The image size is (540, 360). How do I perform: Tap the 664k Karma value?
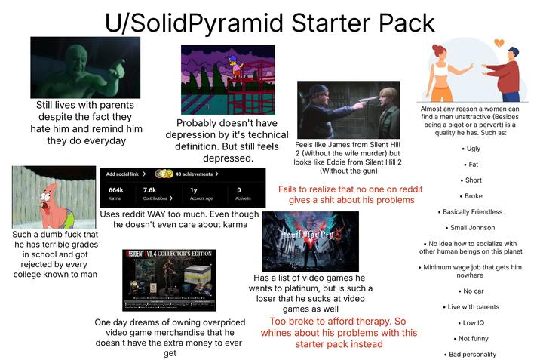pyautogui.click(x=116, y=190)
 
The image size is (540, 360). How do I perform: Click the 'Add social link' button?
pyautogui.click(x=125, y=174)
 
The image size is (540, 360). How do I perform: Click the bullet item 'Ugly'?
pyautogui.click(x=474, y=149)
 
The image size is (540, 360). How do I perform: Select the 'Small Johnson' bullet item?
pyautogui.click(x=474, y=227)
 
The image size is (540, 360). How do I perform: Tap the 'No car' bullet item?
pyautogui.click(x=474, y=291)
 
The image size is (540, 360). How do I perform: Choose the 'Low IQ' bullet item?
pyautogui.click(x=474, y=322)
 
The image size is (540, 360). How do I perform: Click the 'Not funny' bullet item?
pyautogui.click(x=474, y=338)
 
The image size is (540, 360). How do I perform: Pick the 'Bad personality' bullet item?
pyautogui.click(x=474, y=354)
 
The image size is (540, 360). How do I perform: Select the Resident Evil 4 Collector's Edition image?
pyautogui.click(x=169, y=279)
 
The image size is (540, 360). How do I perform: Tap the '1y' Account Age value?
pyautogui.click(x=195, y=190)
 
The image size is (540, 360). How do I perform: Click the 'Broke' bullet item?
pyautogui.click(x=474, y=195)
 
